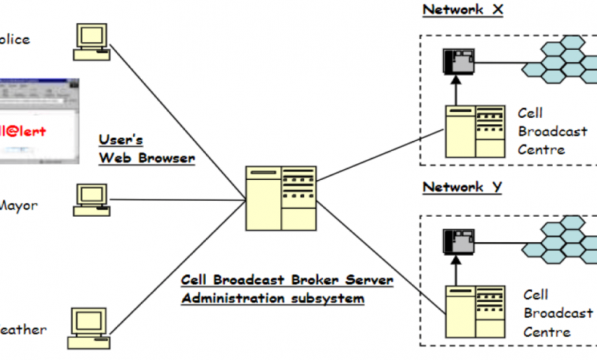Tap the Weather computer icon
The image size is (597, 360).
click(x=86, y=325)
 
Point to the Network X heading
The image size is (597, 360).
click(x=462, y=10)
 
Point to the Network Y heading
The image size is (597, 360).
click(x=462, y=187)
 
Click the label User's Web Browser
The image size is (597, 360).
click(x=146, y=149)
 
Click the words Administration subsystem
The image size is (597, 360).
click(x=272, y=298)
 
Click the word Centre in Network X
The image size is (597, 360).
click(x=541, y=149)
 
